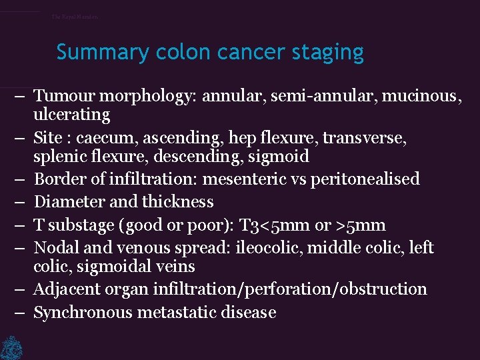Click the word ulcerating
[x=72, y=115]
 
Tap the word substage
[x=81, y=225]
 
